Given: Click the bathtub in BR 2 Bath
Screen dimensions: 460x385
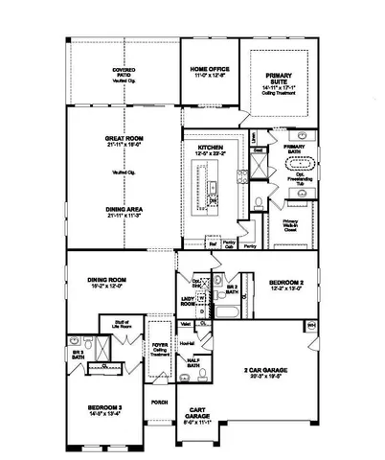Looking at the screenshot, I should pyautogui.click(x=229, y=312).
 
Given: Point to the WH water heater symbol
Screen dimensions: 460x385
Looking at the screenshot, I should pyautogui.click(x=310, y=325).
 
